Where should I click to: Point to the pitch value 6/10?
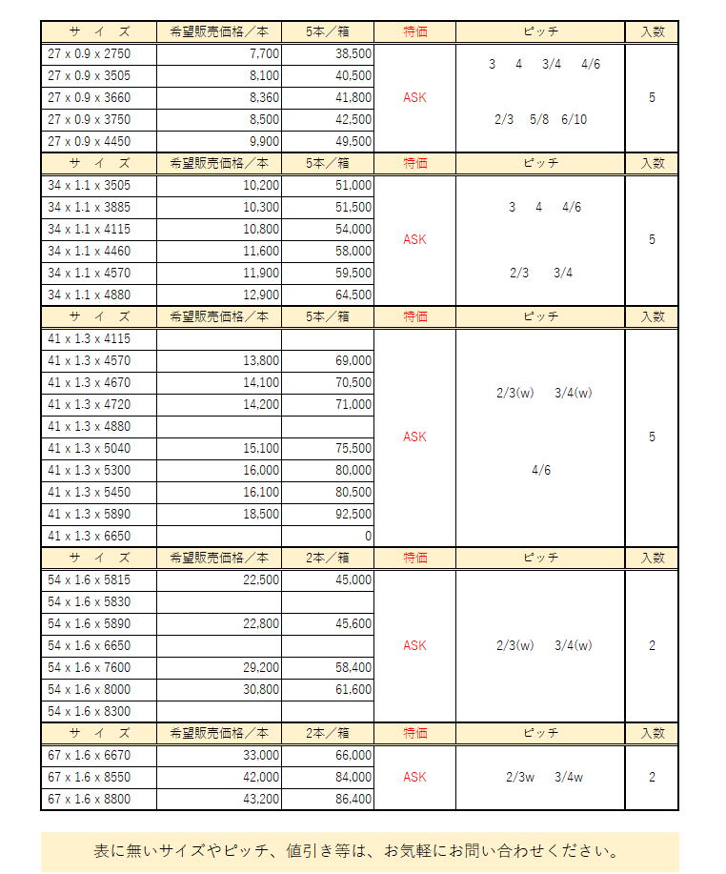[575, 119]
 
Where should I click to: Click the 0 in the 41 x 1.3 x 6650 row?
[368, 536]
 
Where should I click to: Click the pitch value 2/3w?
[521, 777]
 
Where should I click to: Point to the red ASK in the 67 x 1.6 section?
[414, 777]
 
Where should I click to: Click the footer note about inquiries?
[359, 850]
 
